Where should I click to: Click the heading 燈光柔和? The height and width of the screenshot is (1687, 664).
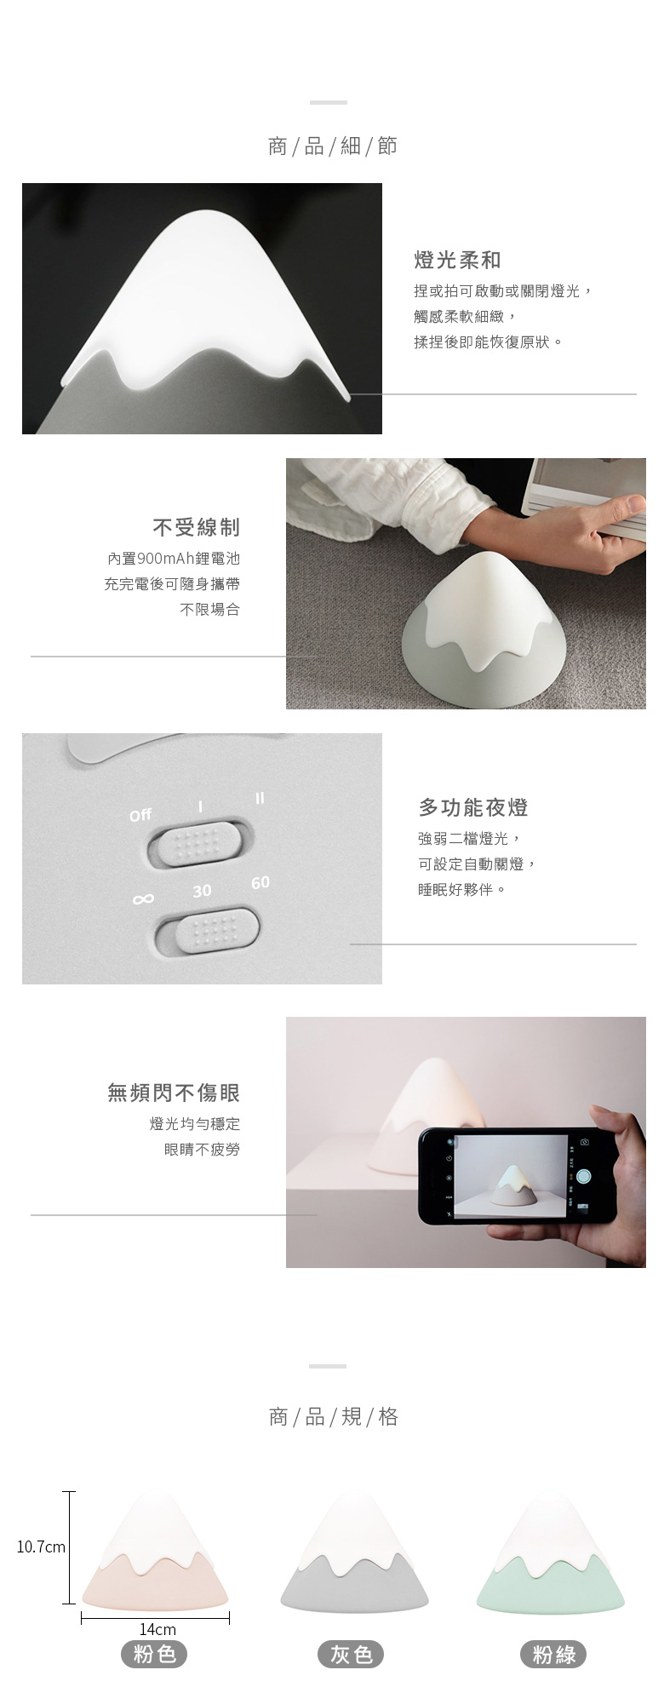click(457, 261)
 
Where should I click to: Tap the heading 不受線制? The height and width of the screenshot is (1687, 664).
click(197, 528)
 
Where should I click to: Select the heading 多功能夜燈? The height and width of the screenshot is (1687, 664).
click(473, 807)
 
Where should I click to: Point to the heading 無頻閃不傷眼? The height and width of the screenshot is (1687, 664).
click(174, 1093)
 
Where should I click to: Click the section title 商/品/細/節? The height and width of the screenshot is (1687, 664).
click(332, 146)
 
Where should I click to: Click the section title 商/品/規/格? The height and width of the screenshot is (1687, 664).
click(332, 1417)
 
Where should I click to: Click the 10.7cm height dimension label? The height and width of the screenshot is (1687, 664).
click(41, 1546)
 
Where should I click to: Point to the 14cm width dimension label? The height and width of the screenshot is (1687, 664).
click(157, 1629)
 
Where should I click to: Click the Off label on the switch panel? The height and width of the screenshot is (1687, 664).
click(140, 815)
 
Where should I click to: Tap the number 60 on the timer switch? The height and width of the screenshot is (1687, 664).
click(260, 882)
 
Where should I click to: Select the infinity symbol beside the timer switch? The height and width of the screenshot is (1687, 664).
click(143, 899)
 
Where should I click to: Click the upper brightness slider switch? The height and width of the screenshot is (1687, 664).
click(202, 843)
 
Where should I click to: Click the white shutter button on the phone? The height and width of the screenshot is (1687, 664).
click(584, 1177)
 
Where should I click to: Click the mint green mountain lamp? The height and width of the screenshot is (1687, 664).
click(551, 1555)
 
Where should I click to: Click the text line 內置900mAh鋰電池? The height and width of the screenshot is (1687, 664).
click(174, 559)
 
